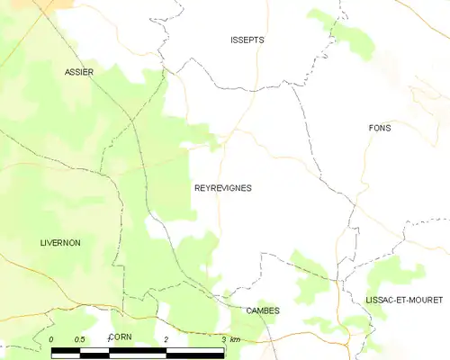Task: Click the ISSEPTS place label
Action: tap(247, 40)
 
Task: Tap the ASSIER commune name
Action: tap(79, 71)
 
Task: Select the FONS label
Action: tap(380, 128)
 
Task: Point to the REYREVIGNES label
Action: tap(223, 188)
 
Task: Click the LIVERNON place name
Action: tap(60, 243)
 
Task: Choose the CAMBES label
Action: tap(262, 310)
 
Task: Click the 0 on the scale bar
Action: tap(52, 339)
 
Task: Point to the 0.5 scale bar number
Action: tap(80, 339)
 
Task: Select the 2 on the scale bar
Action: tap(167, 339)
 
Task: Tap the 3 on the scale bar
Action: tap(223, 339)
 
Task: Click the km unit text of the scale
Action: tap(235, 339)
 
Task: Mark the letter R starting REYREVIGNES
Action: tap(197, 188)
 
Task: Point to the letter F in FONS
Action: tap(371, 128)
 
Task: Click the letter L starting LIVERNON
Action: tap(42, 243)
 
